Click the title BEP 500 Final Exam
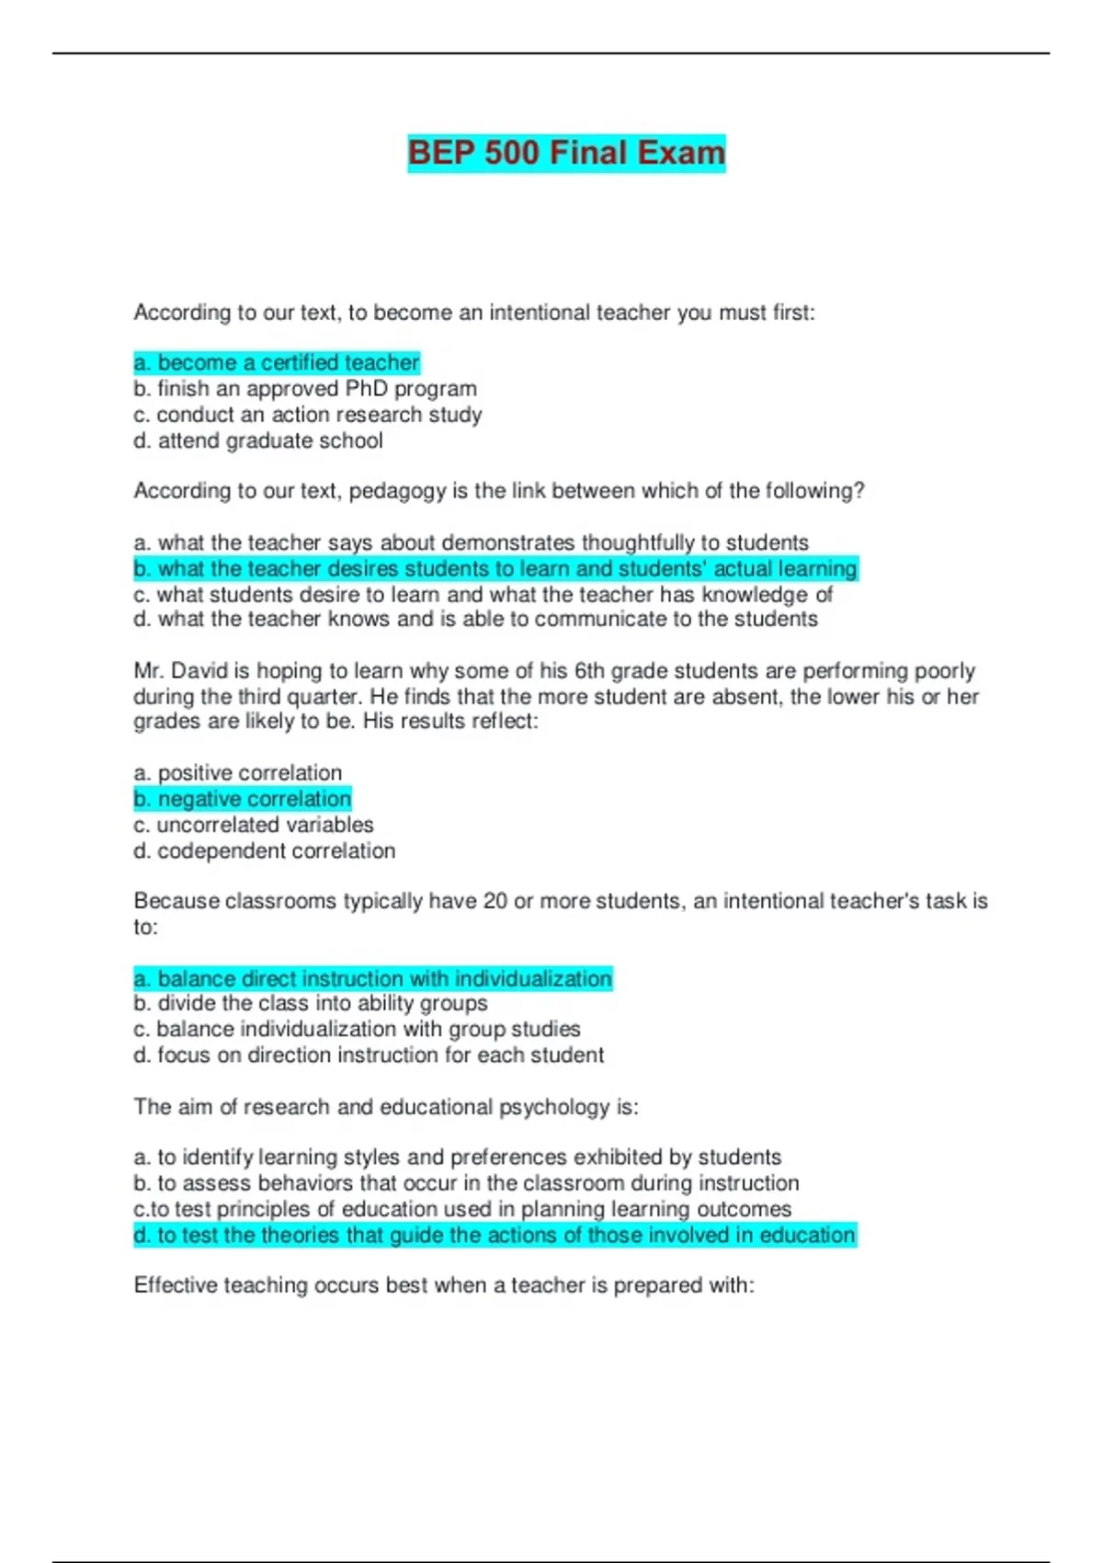[566, 153]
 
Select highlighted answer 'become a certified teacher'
[277, 362]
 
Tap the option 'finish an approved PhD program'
[305, 389]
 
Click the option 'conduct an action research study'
[307, 415]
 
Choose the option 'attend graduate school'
[258, 441]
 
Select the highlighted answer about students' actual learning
[495, 569]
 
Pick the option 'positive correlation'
[238, 773]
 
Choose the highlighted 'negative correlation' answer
[243, 799]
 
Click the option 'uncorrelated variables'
[254, 825]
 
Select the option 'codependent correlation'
[265, 851]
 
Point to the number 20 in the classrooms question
[495, 901]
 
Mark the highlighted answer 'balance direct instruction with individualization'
[373, 978]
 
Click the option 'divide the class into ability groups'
[311, 1003]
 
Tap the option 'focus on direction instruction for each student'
[369, 1055]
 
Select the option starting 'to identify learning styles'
[458, 1157]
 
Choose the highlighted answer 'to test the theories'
[495, 1235]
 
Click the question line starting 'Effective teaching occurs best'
[444, 1285]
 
